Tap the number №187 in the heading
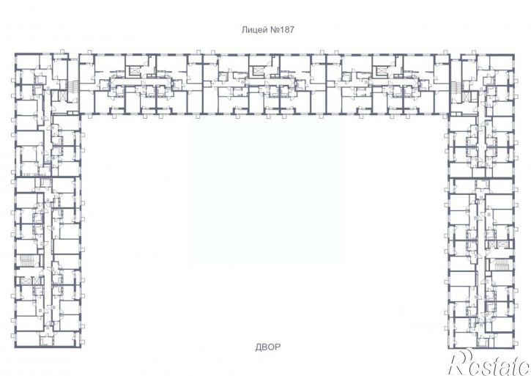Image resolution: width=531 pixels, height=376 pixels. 282,30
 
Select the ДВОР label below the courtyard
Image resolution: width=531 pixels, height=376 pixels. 267,347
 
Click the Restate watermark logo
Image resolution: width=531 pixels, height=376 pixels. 489,363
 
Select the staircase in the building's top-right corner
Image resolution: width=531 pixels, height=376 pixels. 456,87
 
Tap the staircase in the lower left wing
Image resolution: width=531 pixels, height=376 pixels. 26,261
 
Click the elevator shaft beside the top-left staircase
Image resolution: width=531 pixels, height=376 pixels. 63,95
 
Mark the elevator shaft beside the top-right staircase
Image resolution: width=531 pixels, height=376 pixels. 467,97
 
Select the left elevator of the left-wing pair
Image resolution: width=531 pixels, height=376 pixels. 26,281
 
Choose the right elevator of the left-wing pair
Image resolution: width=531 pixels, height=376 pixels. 36,281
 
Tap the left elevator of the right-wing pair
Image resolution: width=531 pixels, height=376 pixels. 491,244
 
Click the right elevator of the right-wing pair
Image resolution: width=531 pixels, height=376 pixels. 501,244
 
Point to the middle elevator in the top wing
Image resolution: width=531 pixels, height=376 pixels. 257,70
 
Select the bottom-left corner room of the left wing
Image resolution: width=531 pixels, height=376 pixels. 27,339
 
